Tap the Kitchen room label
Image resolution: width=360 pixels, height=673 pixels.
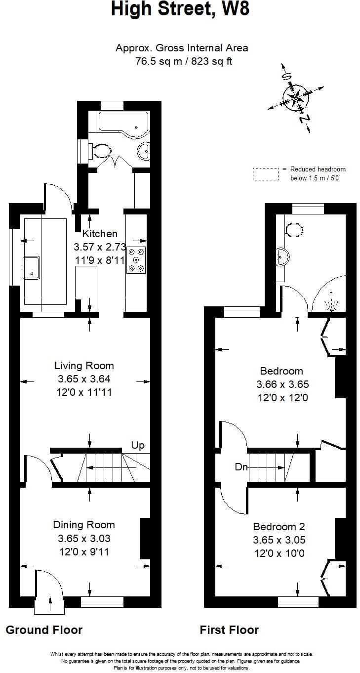pos(100,234)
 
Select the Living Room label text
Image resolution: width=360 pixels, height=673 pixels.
pos(84,366)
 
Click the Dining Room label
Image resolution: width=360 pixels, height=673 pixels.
pos(84,525)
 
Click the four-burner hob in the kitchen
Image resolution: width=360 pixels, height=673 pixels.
pos(137,259)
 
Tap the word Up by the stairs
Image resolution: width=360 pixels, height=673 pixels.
pos(138,445)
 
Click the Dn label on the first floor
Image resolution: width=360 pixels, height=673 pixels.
pos(241,466)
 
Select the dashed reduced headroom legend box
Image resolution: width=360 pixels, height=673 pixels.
pos(265,174)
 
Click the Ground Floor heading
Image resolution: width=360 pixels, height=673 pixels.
pos(44,630)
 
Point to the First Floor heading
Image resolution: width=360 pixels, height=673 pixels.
pos(229,630)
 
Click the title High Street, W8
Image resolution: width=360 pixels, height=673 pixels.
pos(180,10)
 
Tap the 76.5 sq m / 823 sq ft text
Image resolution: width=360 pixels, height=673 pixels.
pos(183,61)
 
